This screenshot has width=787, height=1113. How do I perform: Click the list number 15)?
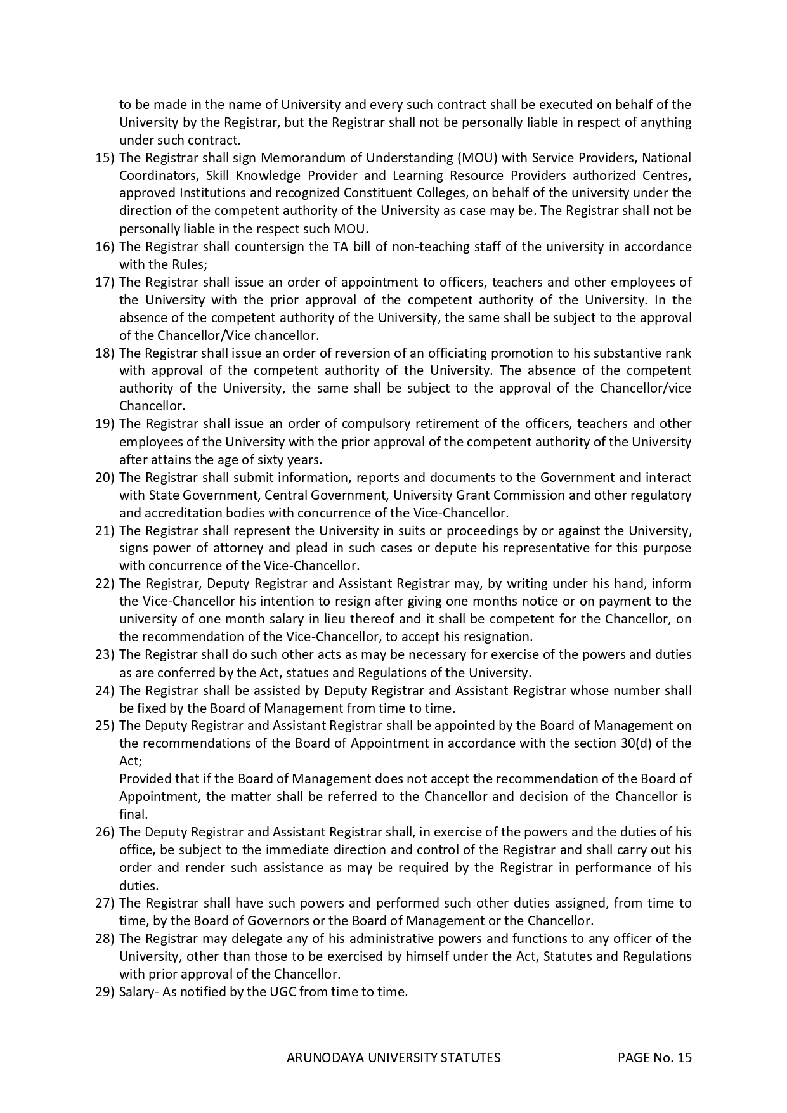point(105,158)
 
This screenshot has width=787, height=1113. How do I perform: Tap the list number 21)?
point(105,530)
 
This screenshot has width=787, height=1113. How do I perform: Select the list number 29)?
point(105,992)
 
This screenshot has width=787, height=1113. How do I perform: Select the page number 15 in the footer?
point(684,1058)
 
